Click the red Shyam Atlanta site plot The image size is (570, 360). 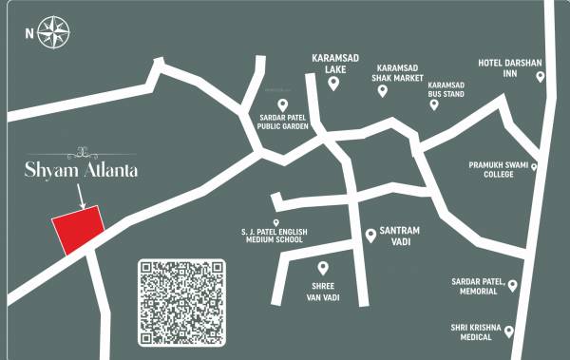pos(77,230)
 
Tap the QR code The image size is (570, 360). pos(183,302)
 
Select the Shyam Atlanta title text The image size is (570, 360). pos(82,170)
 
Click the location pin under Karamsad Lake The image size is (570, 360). pos(333,84)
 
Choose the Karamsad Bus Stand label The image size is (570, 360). pos(446,89)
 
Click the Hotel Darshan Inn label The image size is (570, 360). pos(509,68)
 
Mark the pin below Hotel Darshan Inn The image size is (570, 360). pos(541,78)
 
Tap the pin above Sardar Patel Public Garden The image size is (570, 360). pos(281,104)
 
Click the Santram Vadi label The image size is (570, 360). pos(400,237)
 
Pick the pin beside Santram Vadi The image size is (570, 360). pos(370,235)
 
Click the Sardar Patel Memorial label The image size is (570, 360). pos(482,288)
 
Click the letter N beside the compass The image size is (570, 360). pos(29,33)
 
